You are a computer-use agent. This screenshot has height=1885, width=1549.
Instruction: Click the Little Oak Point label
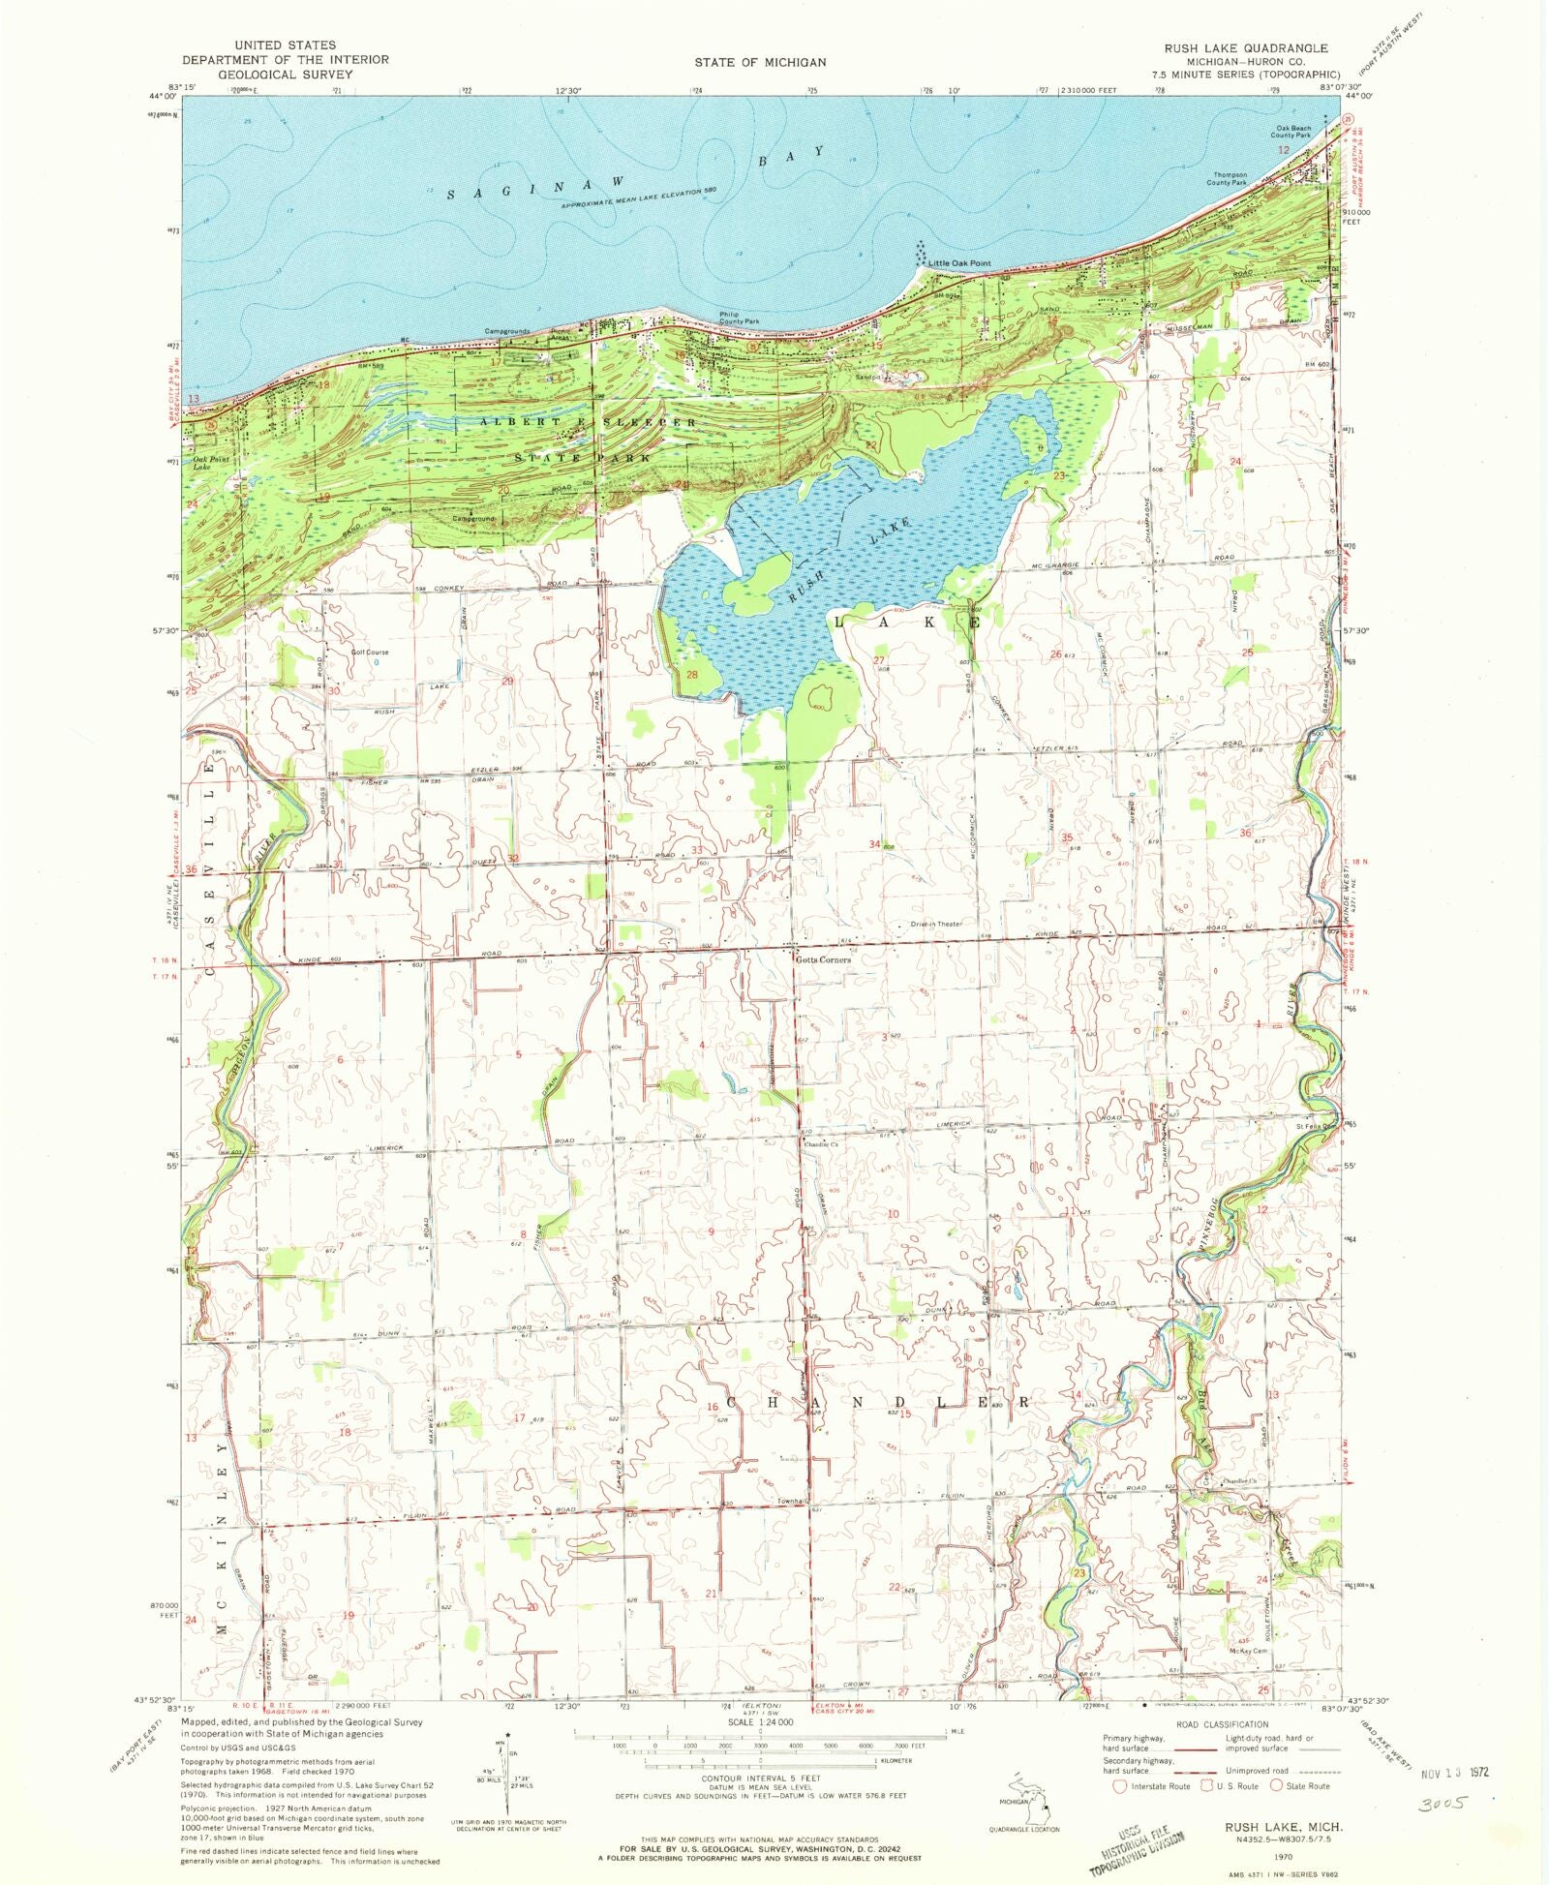pyautogui.click(x=959, y=263)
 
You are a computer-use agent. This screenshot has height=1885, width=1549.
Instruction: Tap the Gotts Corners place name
pyautogui.click(x=823, y=960)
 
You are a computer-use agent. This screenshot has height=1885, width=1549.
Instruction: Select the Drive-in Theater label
pyautogui.click(x=935, y=924)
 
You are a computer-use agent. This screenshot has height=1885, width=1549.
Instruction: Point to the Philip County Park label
pyautogui.click(x=739, y=318)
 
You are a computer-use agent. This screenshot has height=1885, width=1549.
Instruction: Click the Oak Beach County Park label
pyautogui.click(x=1292, y=132)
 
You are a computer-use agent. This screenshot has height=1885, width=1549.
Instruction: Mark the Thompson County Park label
pyautogui.click(x=1226, y=179)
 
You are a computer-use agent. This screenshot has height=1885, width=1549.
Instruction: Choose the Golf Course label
pyautogui.click(x=370, y=653)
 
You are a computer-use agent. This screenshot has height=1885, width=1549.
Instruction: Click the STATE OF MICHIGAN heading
pyautogui.click(x=760, y=62)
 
